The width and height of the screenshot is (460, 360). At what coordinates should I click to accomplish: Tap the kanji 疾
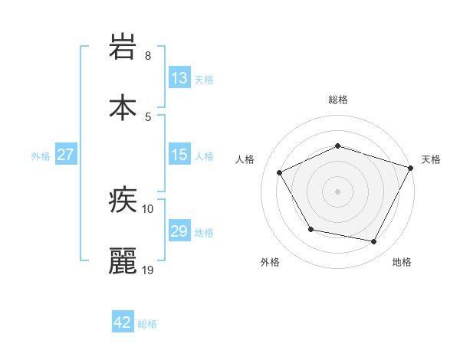(x=123, y=201)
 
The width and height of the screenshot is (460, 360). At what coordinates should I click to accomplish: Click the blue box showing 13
(x=179, y=78)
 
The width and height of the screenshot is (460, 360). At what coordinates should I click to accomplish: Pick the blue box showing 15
(x=179, y=155)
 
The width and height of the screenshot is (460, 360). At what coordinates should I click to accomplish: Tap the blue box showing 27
(x=65, y=155)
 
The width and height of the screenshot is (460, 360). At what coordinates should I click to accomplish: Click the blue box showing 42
(x=123, y=323)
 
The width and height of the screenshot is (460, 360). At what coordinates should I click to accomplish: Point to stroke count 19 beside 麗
(x=149, y=270)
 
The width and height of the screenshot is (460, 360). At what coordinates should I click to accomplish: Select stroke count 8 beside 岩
(x=148, y=56)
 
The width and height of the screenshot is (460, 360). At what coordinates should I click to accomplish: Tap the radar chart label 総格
(x=337, y=100)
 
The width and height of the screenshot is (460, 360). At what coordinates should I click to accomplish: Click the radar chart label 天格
(x=431, y=159)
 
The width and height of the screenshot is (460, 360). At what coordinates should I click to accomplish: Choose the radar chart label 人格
(x=245, y=159)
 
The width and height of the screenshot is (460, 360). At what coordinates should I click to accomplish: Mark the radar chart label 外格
(x=270, y=262)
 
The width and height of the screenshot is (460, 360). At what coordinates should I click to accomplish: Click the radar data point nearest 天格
(x=412, y=168)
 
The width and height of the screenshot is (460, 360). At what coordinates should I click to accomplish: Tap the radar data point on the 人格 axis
(x=280, y=173)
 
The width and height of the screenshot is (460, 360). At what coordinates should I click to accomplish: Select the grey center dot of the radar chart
(x=337, y=191)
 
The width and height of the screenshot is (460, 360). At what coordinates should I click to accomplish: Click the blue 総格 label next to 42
(x=147, y=324)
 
